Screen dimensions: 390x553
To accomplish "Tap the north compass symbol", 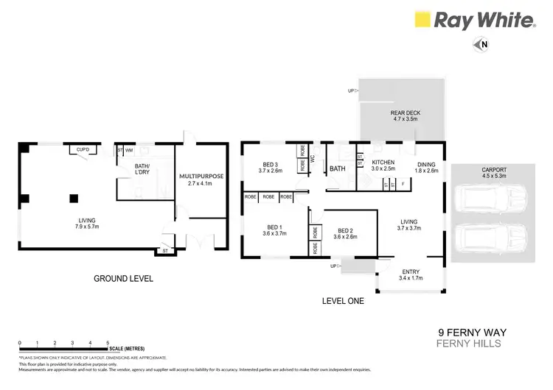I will (483, 45).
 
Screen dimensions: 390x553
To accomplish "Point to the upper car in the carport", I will (493, 198).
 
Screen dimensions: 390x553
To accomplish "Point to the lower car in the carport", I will (493, 238).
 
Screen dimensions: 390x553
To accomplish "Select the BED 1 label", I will (271, 229).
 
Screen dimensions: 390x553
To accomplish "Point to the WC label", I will (313, 158).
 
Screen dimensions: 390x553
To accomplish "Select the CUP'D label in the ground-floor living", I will (83, 150).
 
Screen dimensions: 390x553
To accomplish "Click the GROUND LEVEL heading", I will (123, 279).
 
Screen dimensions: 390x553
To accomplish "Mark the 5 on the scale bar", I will (108, 343).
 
